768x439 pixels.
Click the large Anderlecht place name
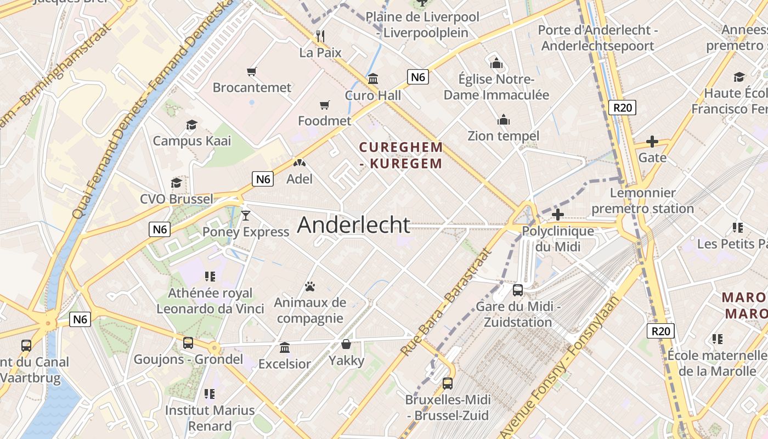point(354,225)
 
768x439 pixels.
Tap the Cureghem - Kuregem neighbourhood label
point(401,155)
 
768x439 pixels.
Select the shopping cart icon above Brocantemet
point(252,71)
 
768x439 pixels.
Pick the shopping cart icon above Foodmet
point(325,105)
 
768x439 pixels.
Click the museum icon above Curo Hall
point(373,79)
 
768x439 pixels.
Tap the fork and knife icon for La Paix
point(320,37)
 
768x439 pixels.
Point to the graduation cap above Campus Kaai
point(191,125)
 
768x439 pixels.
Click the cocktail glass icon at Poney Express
point(246,215)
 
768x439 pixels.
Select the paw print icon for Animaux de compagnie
point(310,286)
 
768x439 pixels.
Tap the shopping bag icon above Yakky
point(346,344)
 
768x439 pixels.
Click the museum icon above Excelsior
point(285,347)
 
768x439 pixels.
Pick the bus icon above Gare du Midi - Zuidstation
point(518,290)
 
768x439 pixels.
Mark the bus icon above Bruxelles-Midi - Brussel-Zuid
point(448,383)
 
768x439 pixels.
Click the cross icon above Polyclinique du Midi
point(558,215)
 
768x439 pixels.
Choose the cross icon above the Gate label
point(652,142)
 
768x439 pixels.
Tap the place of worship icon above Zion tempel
point(503,120)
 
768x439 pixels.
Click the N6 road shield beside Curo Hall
point(418,77)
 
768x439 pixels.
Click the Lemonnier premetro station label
point(642,201)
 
